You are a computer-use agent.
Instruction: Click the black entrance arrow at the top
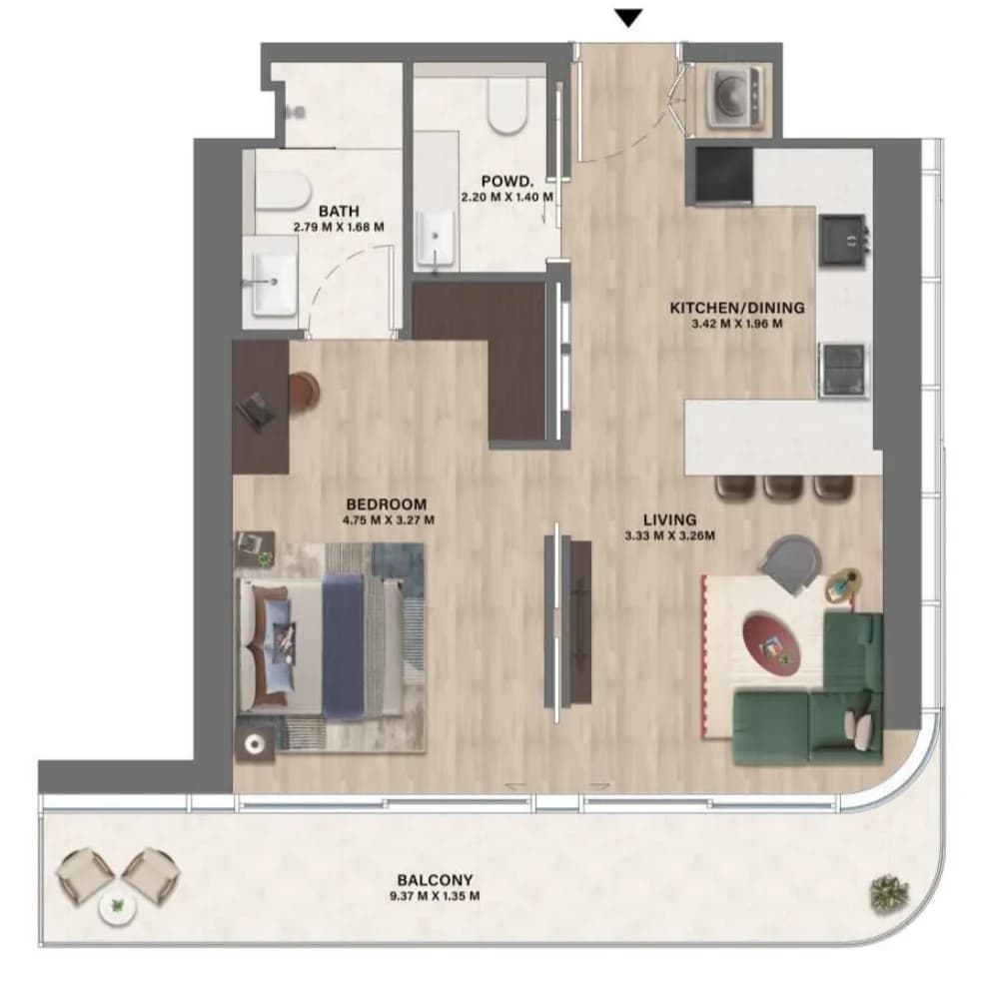[628, 18]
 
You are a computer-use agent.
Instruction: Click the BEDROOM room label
[387, 504]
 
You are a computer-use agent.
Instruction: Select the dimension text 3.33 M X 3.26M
[670, 536]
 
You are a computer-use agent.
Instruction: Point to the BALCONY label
[435, 880]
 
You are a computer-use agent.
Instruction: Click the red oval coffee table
[771, 643]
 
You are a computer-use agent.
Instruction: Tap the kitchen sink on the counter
[844, 239]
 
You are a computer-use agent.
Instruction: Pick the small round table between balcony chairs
[117, 905]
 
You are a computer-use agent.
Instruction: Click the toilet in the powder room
[507, 105]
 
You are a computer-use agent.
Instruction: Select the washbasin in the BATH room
[274, 283]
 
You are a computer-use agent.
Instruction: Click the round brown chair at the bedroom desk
[304, 393]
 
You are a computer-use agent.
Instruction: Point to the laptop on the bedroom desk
[257, 411]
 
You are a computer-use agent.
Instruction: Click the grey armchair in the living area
[792, 563]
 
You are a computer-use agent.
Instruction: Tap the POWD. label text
[507, 181]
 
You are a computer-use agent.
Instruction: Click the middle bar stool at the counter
[783, 489]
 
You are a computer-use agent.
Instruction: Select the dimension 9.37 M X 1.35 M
[435, 896]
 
